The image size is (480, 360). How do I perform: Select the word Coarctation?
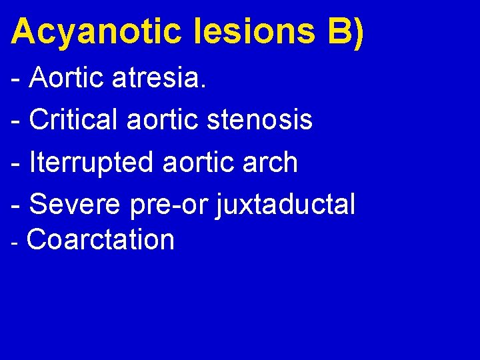(x=101, y=239)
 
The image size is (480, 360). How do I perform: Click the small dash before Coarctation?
(x=16, y=241)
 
